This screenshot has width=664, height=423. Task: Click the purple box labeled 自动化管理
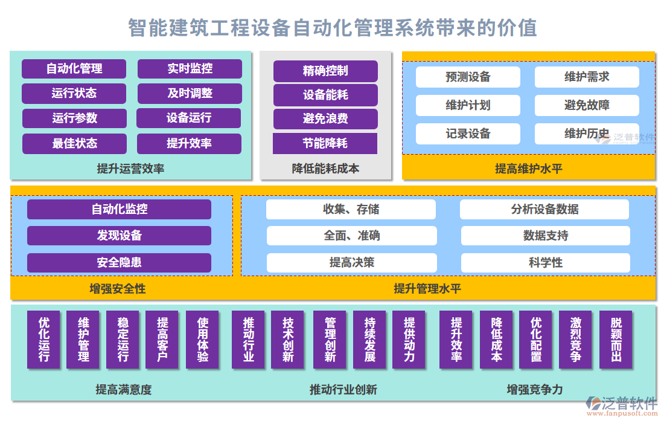point(74,69)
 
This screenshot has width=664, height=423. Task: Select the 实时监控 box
point(190,69)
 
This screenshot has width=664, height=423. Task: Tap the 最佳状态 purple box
point(74,144)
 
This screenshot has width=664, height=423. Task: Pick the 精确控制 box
point(325,71)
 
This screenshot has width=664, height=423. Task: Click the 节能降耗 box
point(325,144)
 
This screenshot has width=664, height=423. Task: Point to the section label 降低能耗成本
point(325,169)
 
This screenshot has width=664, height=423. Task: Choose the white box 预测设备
point(468,77)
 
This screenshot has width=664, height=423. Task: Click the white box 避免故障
point(587,105)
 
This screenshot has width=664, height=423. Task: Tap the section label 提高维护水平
point(528,169)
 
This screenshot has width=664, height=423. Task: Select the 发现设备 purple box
point(119,236)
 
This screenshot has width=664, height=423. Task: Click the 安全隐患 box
point(119,263)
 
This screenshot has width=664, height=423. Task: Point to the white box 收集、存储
point(351,210)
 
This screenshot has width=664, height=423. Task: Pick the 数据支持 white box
point(545,236)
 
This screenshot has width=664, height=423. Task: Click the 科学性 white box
point(545,263)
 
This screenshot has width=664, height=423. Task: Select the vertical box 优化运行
point(44,340)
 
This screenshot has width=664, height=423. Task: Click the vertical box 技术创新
point(287,340)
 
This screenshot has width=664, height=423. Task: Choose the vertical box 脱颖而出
point(616,340)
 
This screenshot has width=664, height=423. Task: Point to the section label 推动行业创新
point(343,390)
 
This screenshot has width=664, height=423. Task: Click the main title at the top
point(332,28)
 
